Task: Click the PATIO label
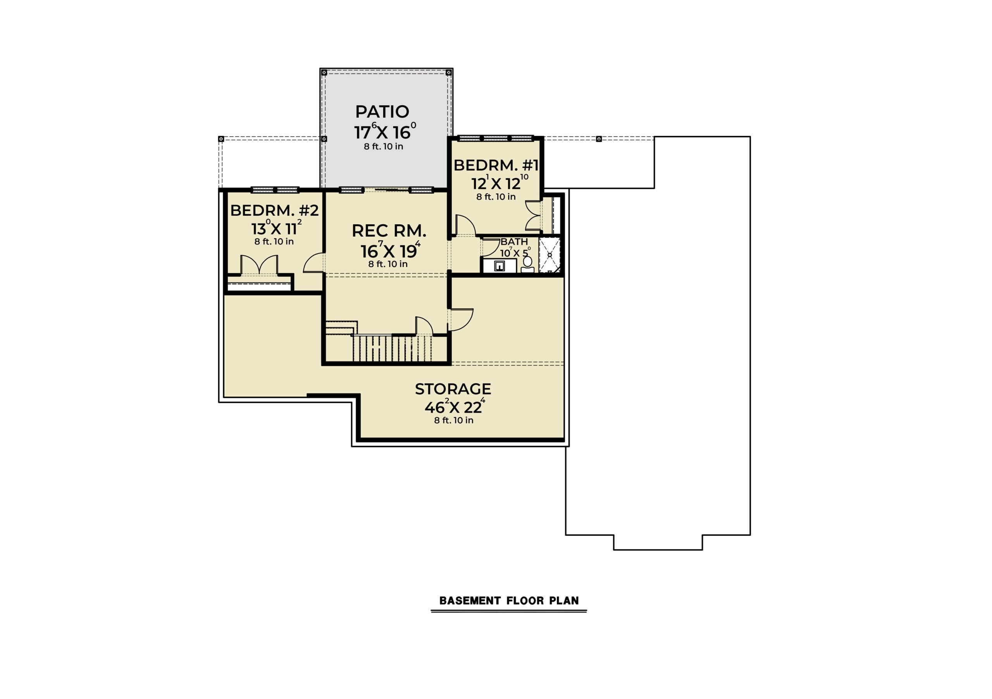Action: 382,112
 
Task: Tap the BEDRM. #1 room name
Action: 496,165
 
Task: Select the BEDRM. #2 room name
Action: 274,210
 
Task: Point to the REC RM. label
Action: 389,231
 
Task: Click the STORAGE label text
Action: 453,389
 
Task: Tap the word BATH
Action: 514,242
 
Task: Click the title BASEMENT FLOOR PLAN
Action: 508,601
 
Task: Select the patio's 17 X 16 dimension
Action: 385,131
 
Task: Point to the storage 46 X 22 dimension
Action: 455,406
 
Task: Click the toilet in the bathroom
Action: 527,264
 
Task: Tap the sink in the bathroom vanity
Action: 499,266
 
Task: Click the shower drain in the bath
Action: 549,255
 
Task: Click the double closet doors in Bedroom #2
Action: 259,264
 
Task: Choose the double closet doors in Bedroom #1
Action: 533,215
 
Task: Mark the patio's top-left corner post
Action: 324,72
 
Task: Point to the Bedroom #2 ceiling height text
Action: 274,241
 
